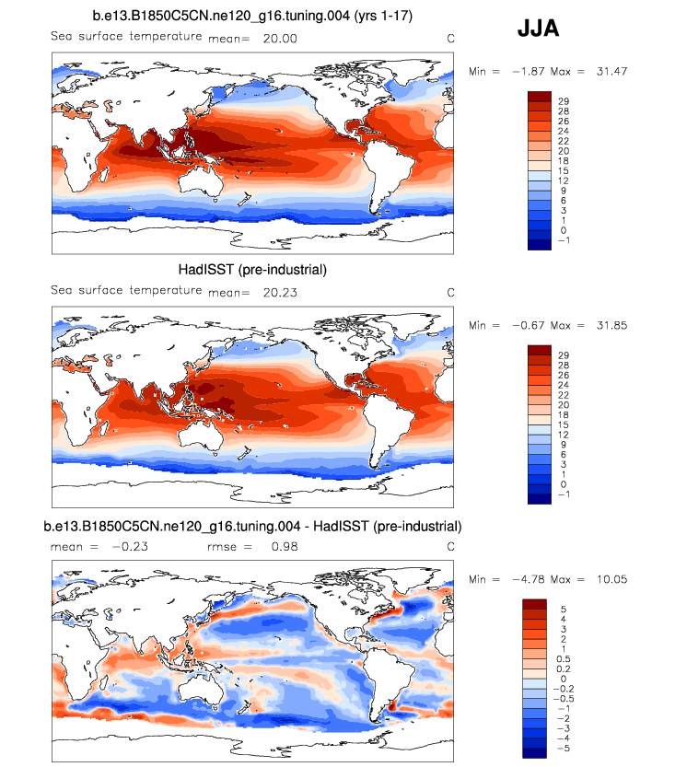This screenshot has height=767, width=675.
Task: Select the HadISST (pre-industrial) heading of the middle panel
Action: pos(252,270)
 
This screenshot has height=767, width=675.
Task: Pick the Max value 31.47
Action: pos(609,71)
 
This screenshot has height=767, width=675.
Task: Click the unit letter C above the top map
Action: pos(450,38)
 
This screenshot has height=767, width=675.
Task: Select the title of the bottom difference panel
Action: pos(252,526)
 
